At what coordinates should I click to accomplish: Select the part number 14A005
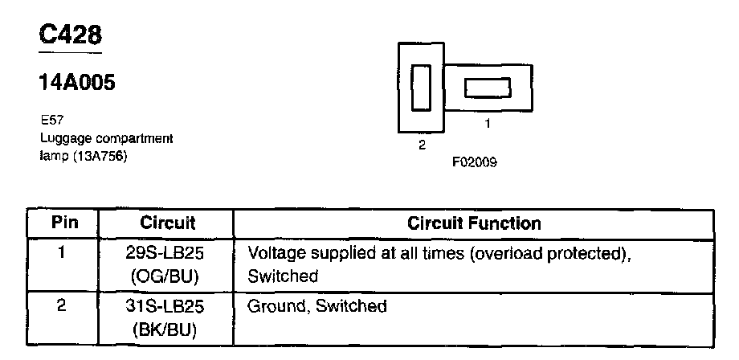(x=76, y=83)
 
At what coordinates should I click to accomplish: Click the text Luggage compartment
(x=106, y=138)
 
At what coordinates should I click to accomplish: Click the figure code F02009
(x=474, y=162)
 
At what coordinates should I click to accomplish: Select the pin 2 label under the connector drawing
(x=421, y=145)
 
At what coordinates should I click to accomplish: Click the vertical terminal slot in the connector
(x=421, y=87)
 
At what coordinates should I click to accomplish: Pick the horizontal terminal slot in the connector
(x=488, y=87)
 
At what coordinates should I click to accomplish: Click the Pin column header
(x=64, y=223)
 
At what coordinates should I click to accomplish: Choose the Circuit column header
(x=167, y=223)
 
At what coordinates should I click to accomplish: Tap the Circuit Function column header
(x=474, y=223)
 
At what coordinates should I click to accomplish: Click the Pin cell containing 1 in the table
(x=63, y=254)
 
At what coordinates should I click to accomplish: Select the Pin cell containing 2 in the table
(x=63, y=306)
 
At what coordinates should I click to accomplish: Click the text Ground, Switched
(x=317, y=306)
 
